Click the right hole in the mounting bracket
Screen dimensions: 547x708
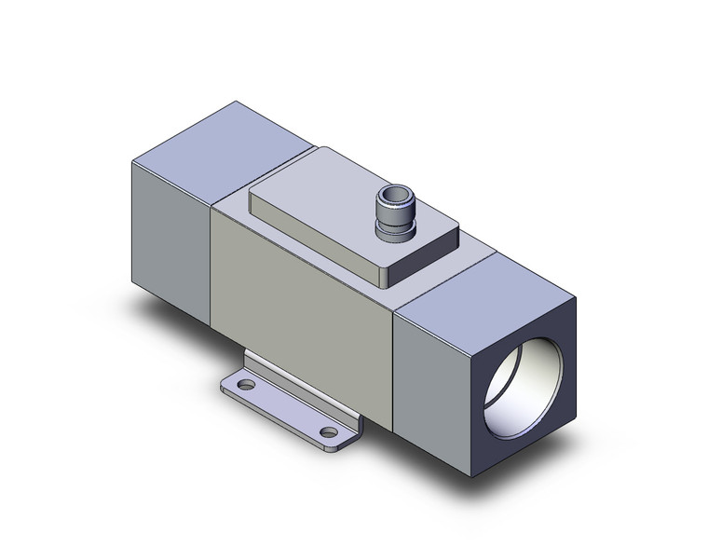click(326, 431)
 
